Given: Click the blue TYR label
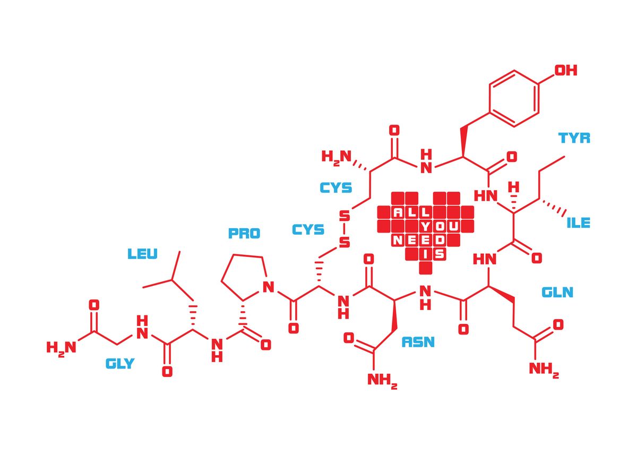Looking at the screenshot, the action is click(x=574, y=138).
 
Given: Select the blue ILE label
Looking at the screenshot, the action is click(x=578, y=222).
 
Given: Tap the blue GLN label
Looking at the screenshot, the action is click(x=557, y=292).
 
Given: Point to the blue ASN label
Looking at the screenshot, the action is click(x=418, y=342).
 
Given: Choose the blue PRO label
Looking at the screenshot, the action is click(x=244, y=233).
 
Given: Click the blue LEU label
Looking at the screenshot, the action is click(x=142, y=254).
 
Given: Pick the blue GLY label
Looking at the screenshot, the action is click(x=120, y=364).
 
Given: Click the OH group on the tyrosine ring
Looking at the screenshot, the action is click(x=566, y=70).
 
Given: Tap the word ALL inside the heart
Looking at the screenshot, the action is click(x=411, y=212).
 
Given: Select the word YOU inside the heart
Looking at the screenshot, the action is click(x=440, y=226).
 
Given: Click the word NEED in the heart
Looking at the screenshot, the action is click(x=418, y=241).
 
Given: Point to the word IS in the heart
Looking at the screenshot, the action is click(x=433, y=254).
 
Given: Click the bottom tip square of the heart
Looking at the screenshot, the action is click(x=425, y=268).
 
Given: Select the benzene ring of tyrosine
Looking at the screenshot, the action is click(x=514, y=98).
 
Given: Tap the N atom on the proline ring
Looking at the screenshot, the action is click(x=268, y=287).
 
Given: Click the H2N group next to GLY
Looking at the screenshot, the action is click(x=62, y=348).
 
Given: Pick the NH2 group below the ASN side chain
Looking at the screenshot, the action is click(x=382, y=380).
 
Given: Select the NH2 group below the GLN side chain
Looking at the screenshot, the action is click(x=544, y=370).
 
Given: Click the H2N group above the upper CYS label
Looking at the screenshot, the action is click(x=337, y=157).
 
